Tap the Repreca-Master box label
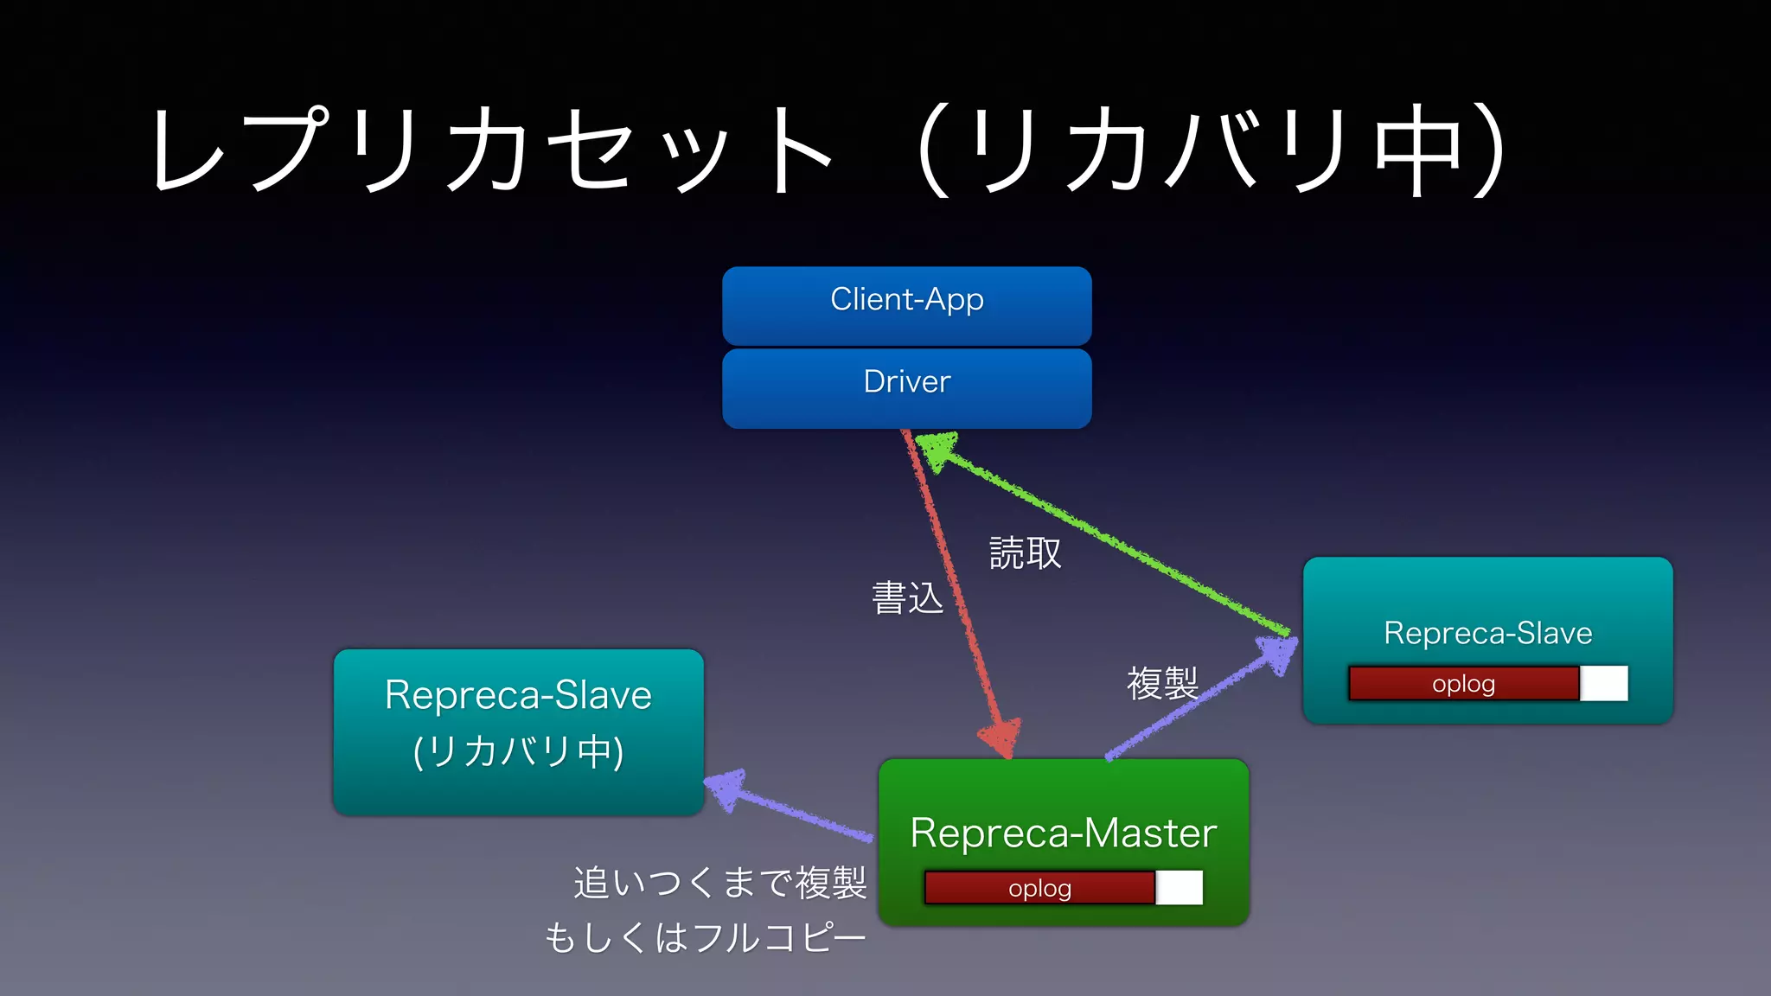point(1063,833)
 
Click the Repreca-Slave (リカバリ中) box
point(518,731)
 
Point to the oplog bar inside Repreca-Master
point(1040,888)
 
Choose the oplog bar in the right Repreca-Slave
point(1463,683)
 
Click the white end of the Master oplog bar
point(1180,888)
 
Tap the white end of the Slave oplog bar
point(1604,683)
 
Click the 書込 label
point(906,597)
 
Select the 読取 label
point(1025,553)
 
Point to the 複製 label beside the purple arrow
point(1161,684)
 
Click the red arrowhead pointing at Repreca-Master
point(1001,737)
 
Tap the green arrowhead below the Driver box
point(935,450)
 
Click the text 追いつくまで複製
point(719,883)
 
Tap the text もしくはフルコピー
point(705,937)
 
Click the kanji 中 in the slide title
point(1417,150)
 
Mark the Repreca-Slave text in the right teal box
point(1487,633)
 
